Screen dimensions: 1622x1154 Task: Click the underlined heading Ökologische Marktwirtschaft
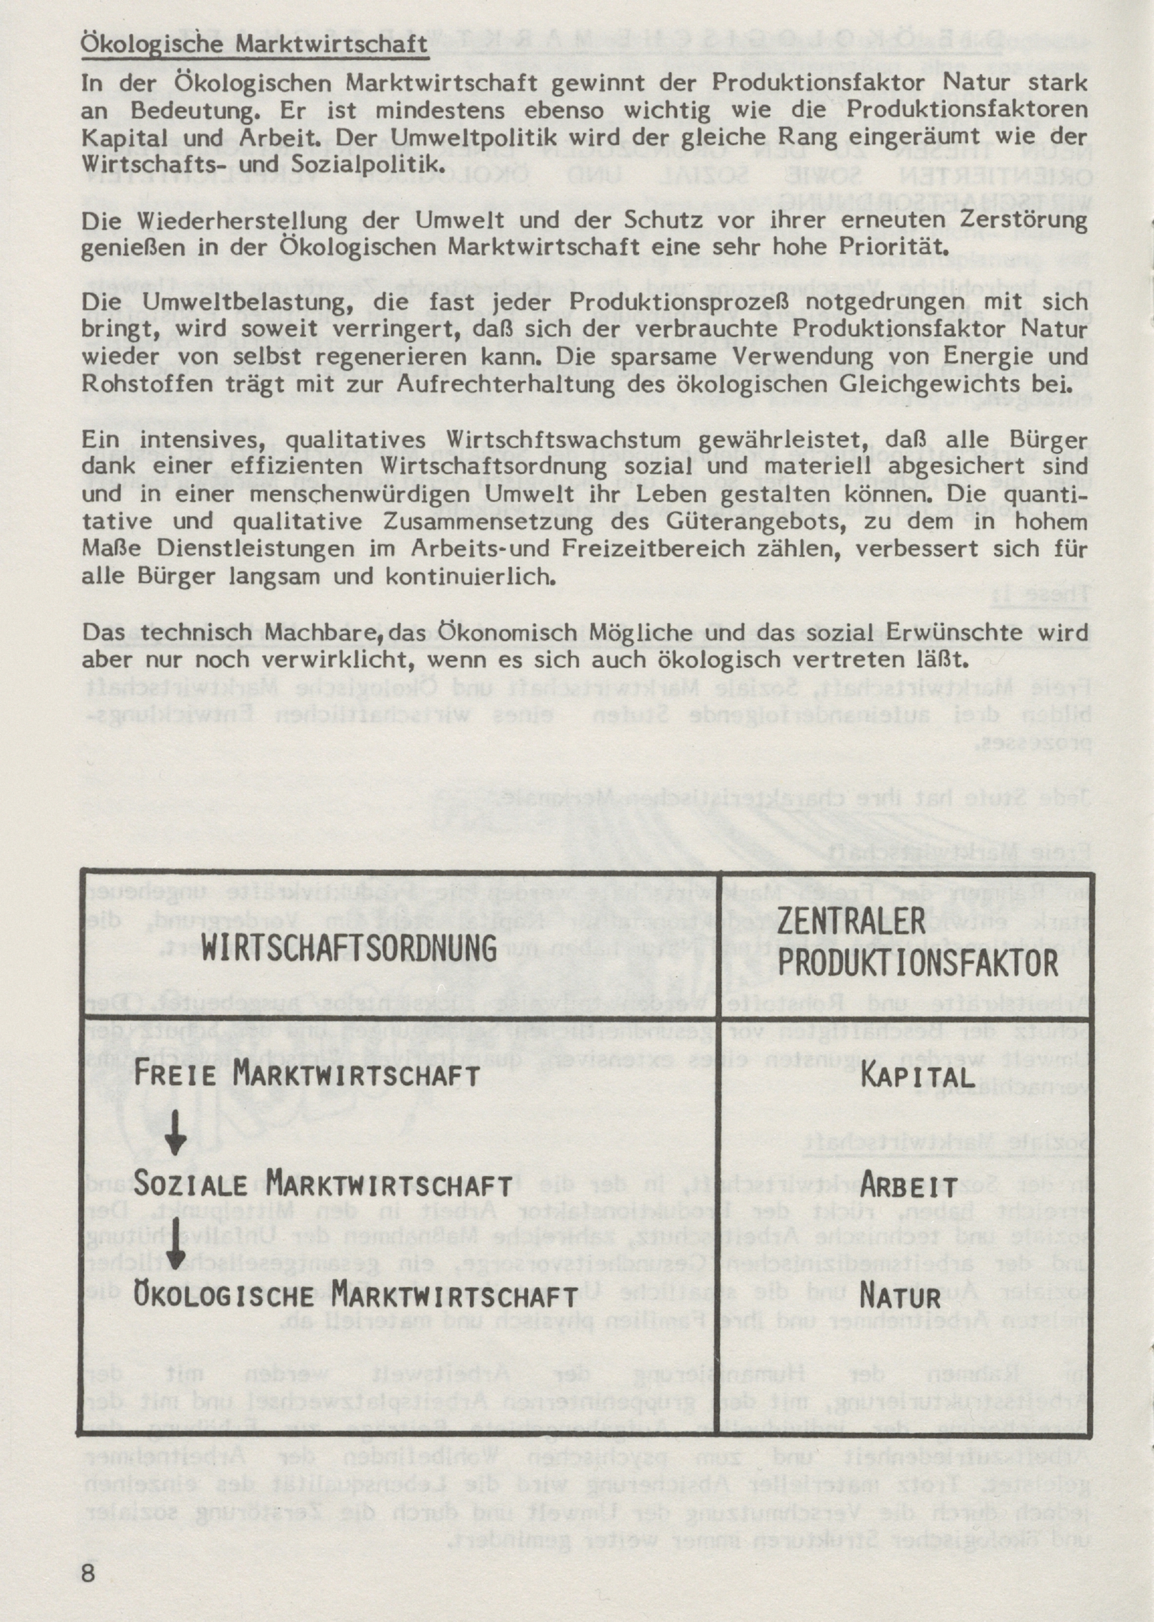click(254, 44)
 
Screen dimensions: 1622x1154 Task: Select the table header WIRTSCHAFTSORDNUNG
click(348, 949)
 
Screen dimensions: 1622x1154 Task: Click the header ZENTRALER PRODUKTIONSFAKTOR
click(917, 943)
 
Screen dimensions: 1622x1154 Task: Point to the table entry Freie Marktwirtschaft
click(307, 1074)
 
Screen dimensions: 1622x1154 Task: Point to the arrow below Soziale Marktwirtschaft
click(175, 1241)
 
